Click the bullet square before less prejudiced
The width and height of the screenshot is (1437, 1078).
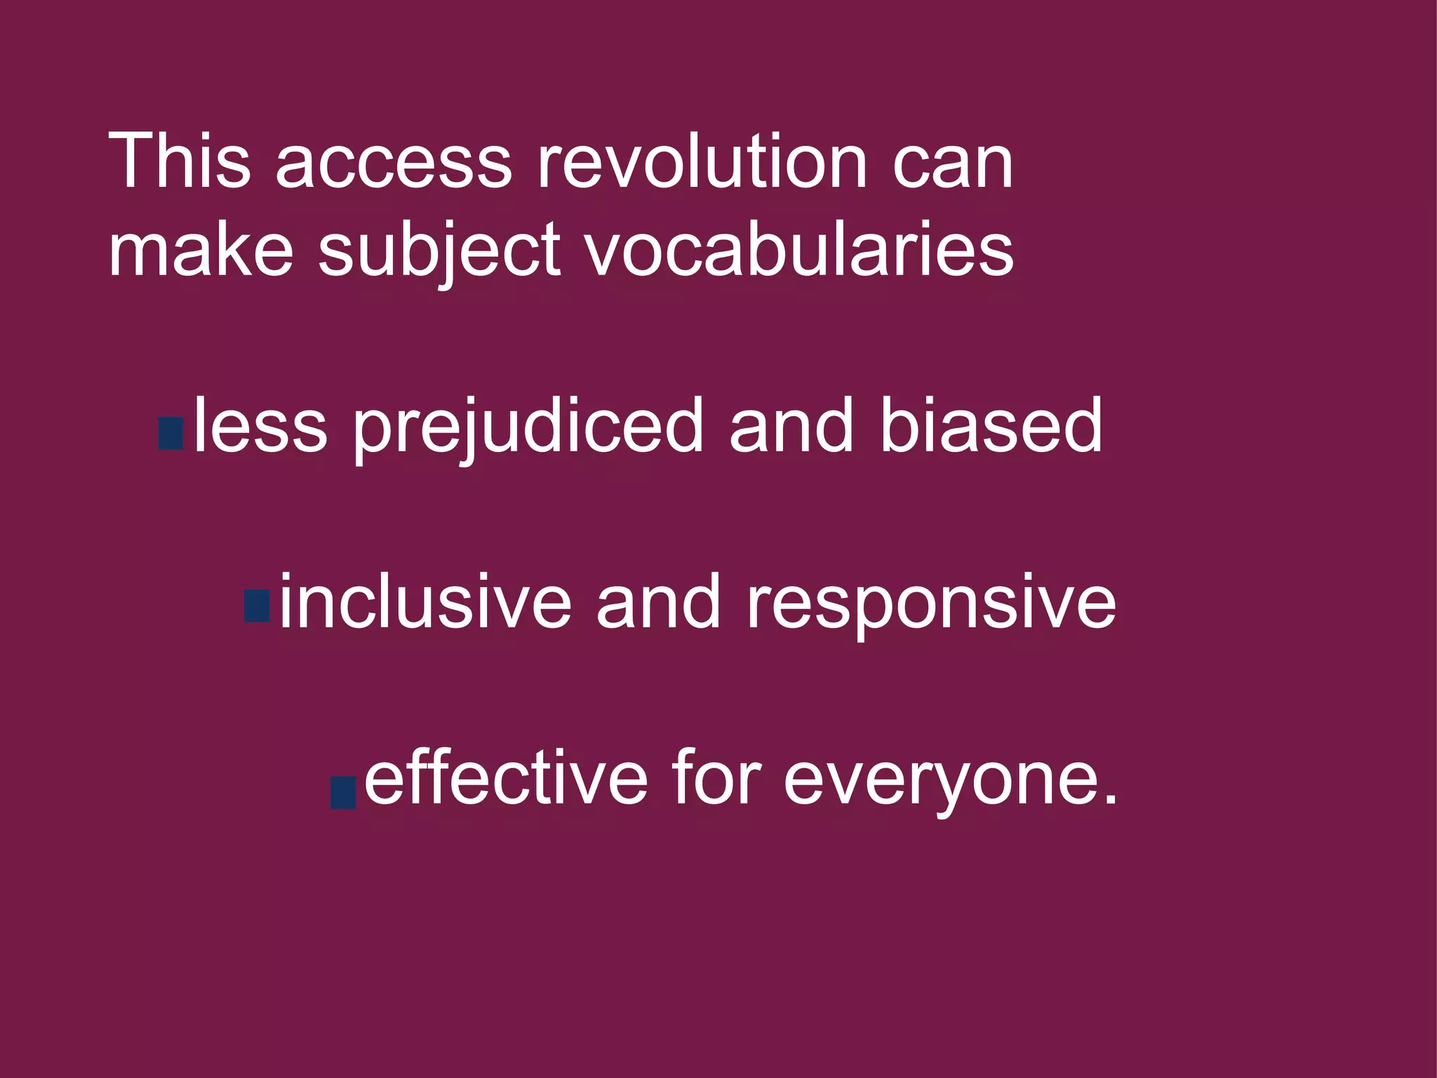(171, 433)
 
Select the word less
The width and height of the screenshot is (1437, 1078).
(260, 426)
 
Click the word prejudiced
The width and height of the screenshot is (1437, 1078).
(528, 428)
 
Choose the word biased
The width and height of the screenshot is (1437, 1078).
(991, 426)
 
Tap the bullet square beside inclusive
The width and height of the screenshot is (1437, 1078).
(257, 606)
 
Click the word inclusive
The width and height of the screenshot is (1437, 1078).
(425, 602)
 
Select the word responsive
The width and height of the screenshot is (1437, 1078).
(930, 605)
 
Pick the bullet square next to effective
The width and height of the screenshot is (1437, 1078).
(343, 792)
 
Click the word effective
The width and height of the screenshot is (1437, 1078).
(506, 778)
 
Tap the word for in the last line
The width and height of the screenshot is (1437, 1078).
(716, 778)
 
